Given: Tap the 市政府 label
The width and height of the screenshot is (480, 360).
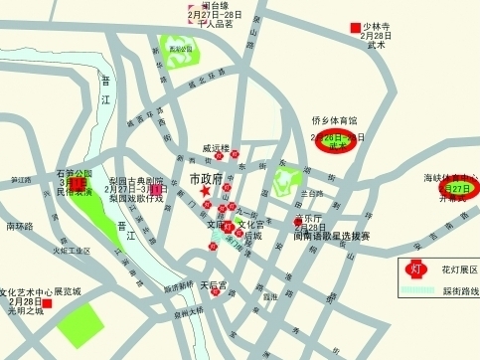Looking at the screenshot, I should [205, 177].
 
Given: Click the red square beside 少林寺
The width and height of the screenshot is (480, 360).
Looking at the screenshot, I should [353, 28].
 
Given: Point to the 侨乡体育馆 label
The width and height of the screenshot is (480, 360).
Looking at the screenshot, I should [335, 121].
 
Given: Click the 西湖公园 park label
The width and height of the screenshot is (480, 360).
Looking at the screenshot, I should [180, 48].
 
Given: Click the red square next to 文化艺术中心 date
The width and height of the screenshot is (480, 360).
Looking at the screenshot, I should [47, 300].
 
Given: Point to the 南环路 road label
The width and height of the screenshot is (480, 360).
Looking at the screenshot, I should [20, 226].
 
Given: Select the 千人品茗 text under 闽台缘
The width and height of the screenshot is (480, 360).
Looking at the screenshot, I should [215, 24].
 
